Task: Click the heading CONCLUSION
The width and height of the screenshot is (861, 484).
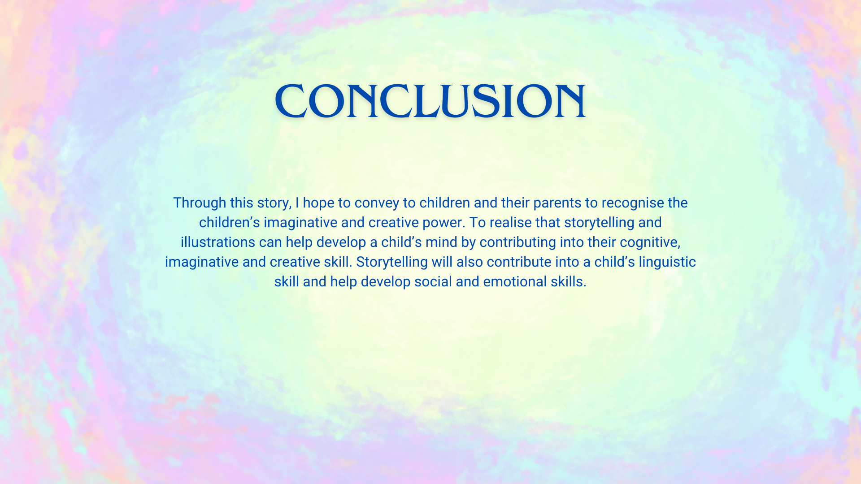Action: click(430, 101)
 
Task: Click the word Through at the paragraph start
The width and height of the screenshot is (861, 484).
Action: click(200, 203)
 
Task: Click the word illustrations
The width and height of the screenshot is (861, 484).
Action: click(218, 242)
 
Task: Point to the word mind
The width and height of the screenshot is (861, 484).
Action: click(441, 242)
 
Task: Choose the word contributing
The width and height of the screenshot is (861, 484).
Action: click(518, 242)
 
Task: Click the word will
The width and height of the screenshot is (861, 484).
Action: click(442, 262)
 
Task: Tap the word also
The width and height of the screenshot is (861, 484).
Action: click(470, 262)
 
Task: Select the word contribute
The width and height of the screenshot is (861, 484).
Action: click(519, 262)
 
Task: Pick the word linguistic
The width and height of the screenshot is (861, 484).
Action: click(667, 262)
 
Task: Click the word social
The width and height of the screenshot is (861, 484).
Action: click(433, 282)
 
